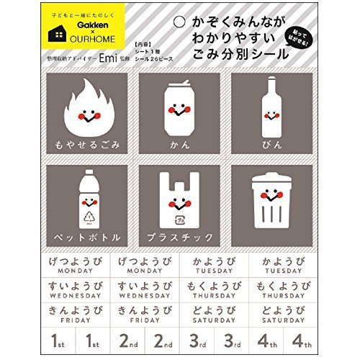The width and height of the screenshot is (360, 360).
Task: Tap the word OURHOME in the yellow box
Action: pos(84,38)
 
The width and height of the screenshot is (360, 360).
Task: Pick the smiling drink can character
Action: pos(179,109)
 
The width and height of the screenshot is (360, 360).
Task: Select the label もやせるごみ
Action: pos(86,145)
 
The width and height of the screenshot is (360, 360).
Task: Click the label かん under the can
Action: pos(179,145)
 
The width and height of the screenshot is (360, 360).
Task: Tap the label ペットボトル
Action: pos(86,236)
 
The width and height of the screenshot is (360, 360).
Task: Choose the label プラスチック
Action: pos(179,236)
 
